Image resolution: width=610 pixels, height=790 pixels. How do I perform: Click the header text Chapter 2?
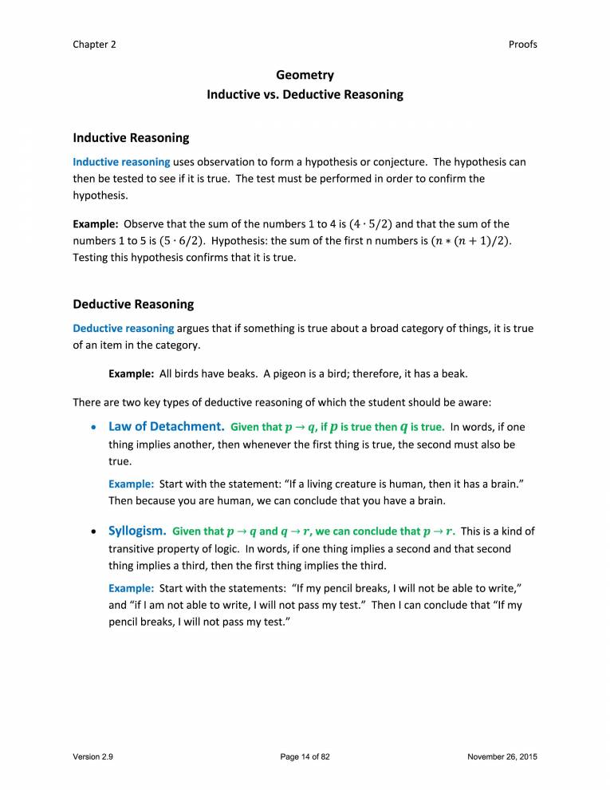[94, 45]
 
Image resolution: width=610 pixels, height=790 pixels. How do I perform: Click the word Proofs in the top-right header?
[522, 45]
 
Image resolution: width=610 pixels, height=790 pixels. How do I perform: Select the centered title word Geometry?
[305, 76]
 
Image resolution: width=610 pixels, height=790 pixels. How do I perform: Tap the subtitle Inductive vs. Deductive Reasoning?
[305, 95]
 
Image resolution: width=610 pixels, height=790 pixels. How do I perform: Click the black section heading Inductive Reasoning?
[131, 138]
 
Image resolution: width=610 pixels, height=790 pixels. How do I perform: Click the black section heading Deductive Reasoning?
[133, 304]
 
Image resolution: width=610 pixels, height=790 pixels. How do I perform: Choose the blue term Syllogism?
[137, 531]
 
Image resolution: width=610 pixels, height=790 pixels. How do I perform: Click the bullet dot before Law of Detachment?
[95, 429]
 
